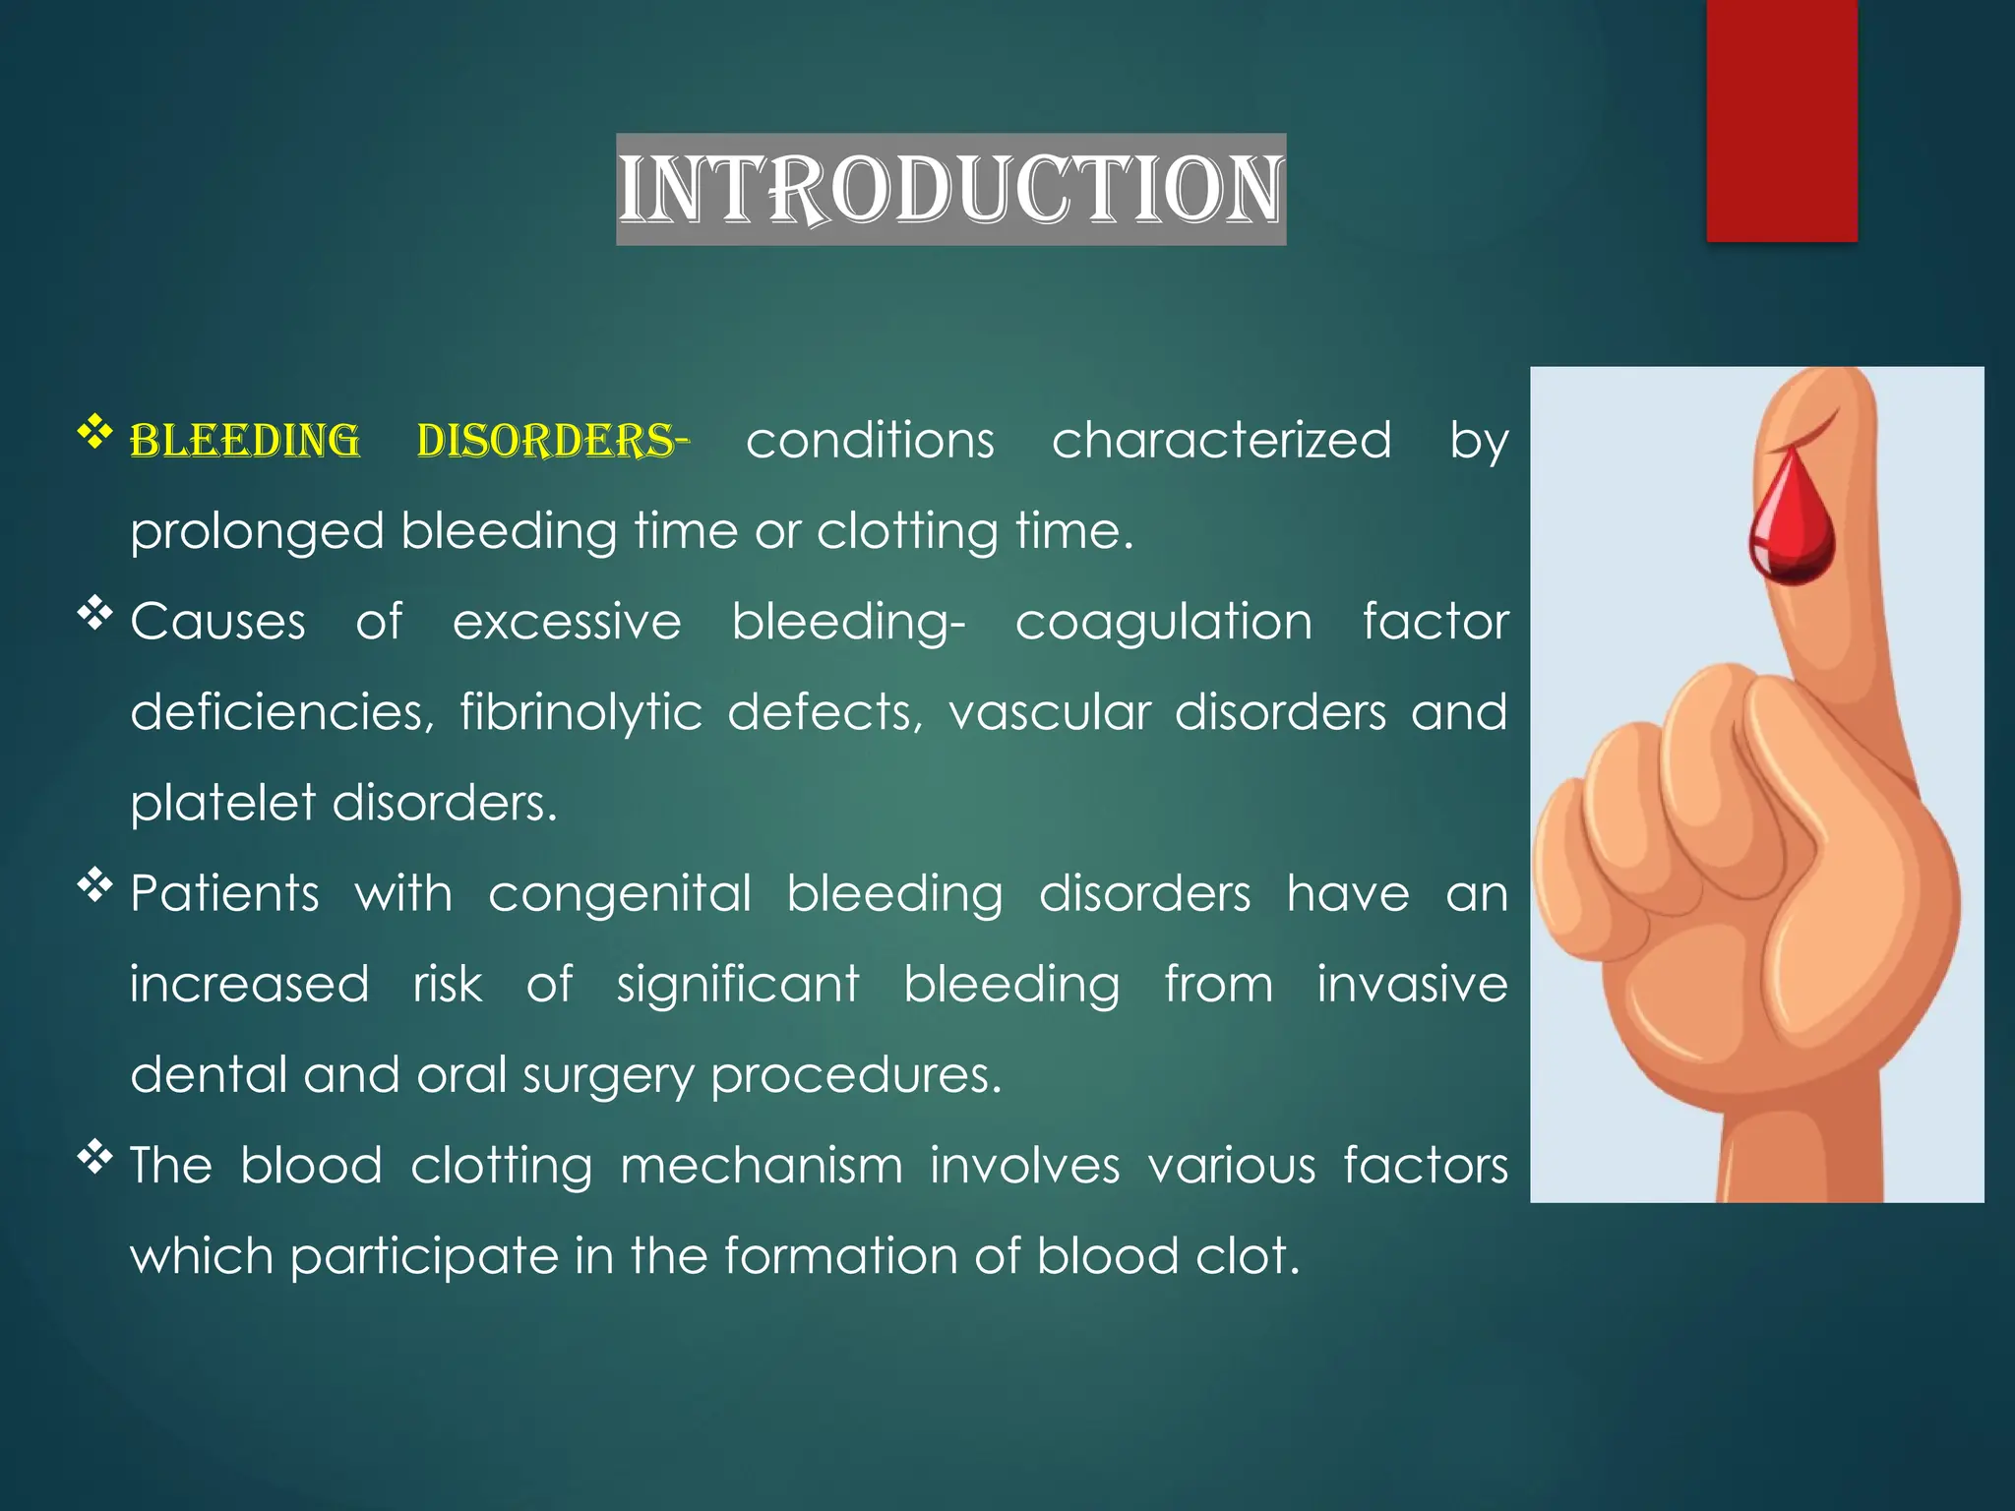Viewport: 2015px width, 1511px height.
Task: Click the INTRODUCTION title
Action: (x=950, y=190)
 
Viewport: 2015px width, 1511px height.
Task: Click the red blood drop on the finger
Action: (x=1792, y=521)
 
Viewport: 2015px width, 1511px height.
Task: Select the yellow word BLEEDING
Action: (x=245, y=441)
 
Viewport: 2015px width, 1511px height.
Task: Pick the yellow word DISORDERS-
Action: (x=552, y=441)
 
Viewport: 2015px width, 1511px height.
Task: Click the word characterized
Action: (x=1221, y=440)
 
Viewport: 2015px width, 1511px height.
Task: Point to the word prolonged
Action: (x=257, y=532)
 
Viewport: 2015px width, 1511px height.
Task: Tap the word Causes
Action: (x=218, y=622)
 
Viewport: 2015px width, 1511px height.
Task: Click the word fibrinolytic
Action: (x=580, y=712)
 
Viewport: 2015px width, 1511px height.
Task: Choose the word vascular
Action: (x=1050, y=712)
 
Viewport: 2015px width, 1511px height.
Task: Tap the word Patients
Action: (x=225, y=893)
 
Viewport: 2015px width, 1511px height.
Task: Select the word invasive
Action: (x=1412, y=984)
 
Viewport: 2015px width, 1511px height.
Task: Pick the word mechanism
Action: (x=762, y=1166)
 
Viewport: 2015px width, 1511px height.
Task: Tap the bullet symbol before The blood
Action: (x=95, y=1156)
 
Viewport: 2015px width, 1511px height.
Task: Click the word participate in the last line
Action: (x=424, y=1258)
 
